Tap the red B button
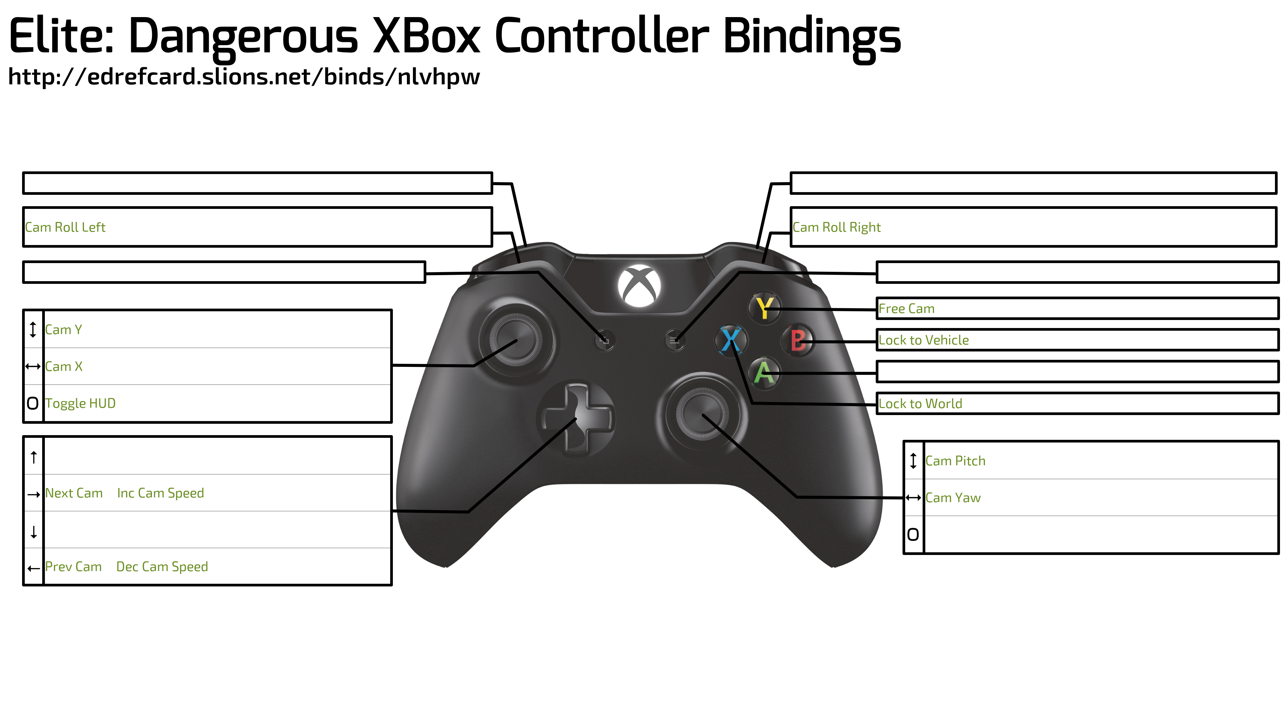798,341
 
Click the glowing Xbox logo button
639,286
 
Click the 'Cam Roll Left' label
65,228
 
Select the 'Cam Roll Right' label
837,228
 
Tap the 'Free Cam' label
907,309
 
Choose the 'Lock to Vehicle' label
923,340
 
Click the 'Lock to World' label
920,404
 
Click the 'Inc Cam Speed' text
161,493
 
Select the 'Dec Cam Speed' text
162,567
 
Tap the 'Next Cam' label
74,493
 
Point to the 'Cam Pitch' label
955,461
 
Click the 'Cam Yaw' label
953,498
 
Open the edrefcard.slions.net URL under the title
244,77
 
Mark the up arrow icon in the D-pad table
33,457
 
